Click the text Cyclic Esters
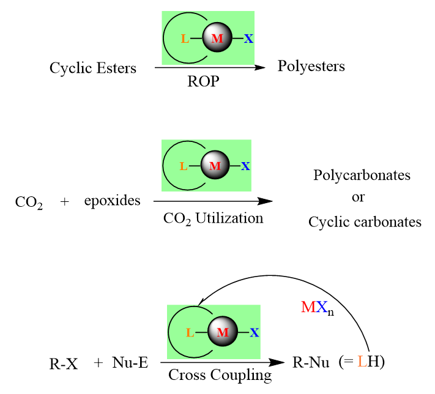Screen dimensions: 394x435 coord(93,68)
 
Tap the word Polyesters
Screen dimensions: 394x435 coord(311,66)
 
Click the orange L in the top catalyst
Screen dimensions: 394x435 coord(185,39)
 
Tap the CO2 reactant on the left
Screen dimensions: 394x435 coord(29,202)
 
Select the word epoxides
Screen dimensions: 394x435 coord(113,200)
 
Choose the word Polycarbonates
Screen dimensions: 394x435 coord(362,176)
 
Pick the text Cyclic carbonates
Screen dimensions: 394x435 coord(365,221)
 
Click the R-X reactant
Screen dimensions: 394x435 coord(63,363)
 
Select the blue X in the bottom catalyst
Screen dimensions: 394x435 coord(255,333)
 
